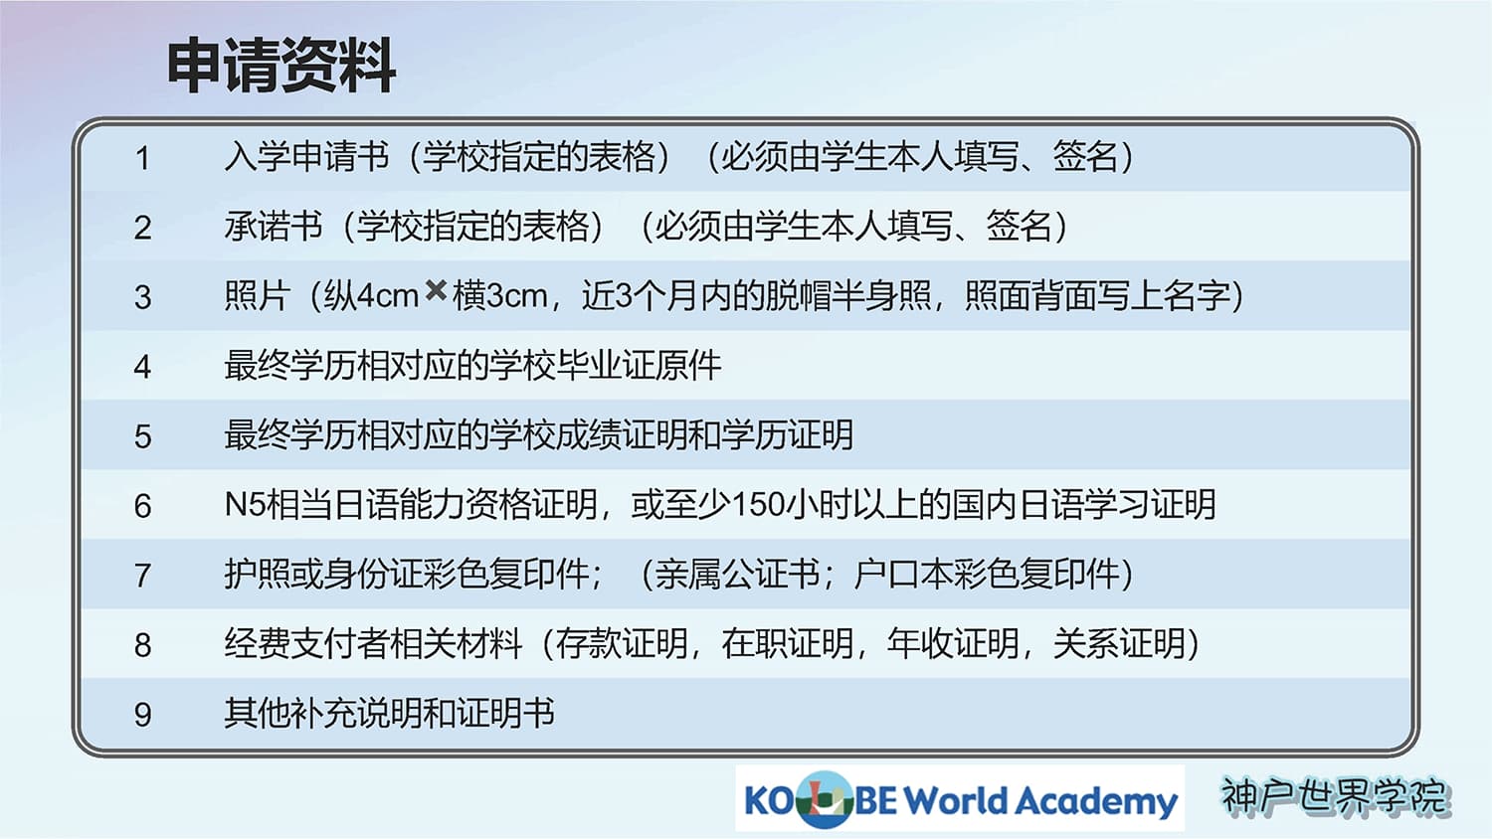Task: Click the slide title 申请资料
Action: pyautogui.click(x=281, y=66)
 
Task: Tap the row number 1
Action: pyautogui.click(x=142, y=158)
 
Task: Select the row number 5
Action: pyautogui.click(x=142, y=436)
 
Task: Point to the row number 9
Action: pyautogui.click(x=142, y=715)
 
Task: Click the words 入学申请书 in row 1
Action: pyautogui.click(x=306, y=157)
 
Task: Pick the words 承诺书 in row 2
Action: pyautogui.click(x=274, y=227)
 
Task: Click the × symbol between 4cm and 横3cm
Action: pyautogui.click(x=436, y=290)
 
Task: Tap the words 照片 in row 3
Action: pyautogui.click(x=257, y=295)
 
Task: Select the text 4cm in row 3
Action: pyautogui.click(x=388, y=296)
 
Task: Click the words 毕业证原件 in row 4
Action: pyautogui.click(x=639, y=366)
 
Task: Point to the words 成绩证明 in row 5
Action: pyautogui.click(x=654, y=434)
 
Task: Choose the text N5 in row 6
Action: pyautogui.click(x=245, y=505)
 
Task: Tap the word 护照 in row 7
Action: pyautogui.click(x=257, y=574)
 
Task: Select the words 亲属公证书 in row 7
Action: pyautogui.click(x=737, y=574)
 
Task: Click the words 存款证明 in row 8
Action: pyautogui.click(x=622, y=643)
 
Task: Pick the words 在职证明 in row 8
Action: pyautogui.click(x=787, y=643)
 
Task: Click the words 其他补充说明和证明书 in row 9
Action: pyautogui.click(x=389, y=713)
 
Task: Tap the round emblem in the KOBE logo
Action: pyautogui.click(x=826, y=799)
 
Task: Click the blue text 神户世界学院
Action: pyautogui.click(x=1335, y=796)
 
